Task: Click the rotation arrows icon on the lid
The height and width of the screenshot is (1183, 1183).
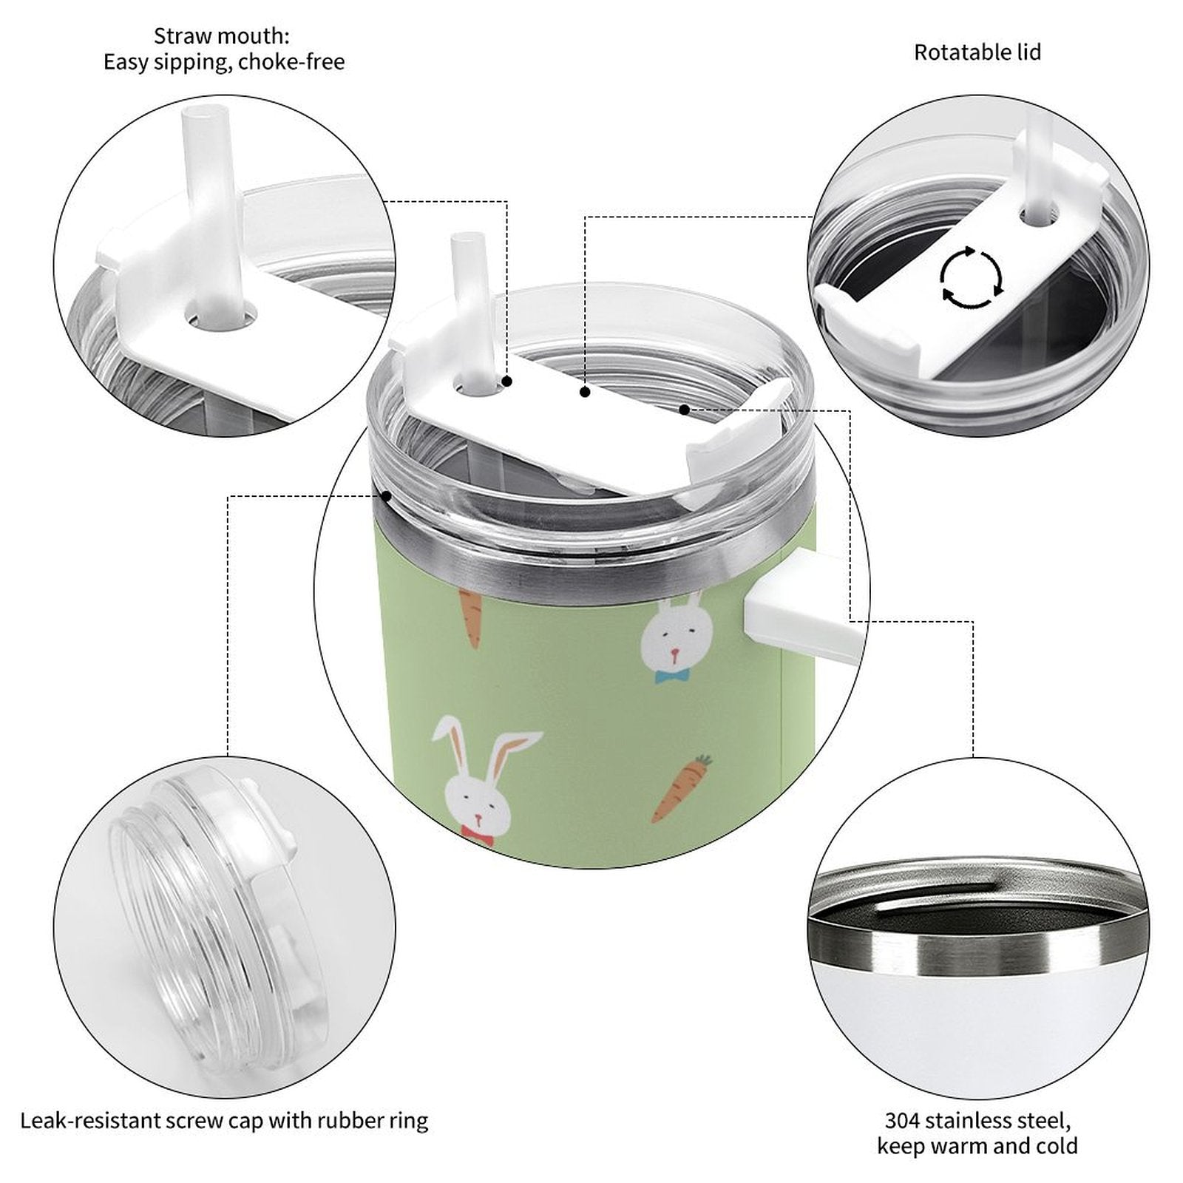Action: click(x=972, y=278)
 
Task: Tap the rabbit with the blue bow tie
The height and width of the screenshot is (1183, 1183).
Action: click(x=676, y=637)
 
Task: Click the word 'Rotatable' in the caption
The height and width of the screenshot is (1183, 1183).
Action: click(x=952, y=52)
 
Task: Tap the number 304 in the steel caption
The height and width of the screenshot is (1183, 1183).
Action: click(x=903, y=1120)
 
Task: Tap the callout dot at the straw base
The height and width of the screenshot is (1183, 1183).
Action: click(x=507, y=382)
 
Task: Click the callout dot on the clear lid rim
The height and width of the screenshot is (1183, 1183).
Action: click(x=385, y=495)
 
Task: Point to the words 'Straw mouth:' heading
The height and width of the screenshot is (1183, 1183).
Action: click(x=222, y=35)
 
